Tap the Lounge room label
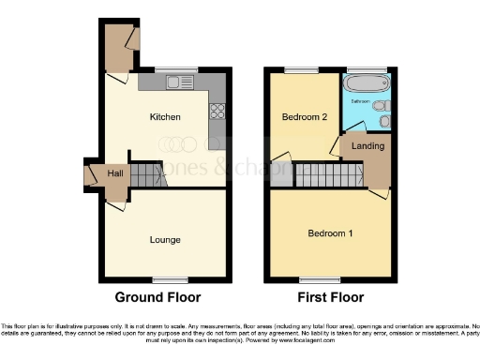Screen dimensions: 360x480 coord(165,240)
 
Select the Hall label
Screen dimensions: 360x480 coord(115,174)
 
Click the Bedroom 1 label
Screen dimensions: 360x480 coord(331,232)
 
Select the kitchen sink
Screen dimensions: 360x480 coord(175,82)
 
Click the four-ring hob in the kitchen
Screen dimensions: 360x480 coord(217,111)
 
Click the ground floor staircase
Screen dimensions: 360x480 coord(146,173)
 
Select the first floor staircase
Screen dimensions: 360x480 coord(327,173)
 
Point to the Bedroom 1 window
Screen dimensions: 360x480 coord(312,279)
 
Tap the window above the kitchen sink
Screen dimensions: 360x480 coord(176,68)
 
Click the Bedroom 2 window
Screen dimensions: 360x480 coord(302,68)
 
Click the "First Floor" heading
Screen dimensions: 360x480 coord(331,299)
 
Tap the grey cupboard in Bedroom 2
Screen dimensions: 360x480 coord(281,173)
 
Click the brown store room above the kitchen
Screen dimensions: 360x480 coord(119,49)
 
